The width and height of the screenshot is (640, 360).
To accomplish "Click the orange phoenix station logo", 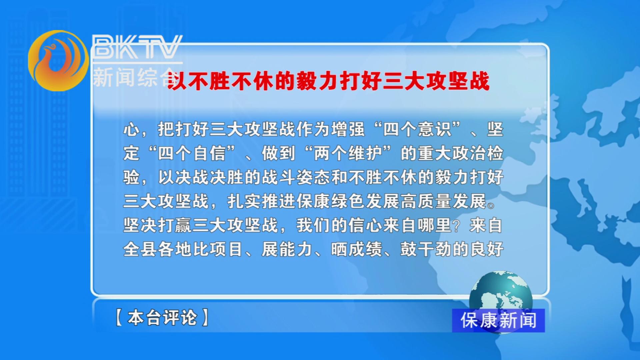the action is pyautogui.click(x=58, y=61).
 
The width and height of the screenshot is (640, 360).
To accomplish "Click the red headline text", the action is pyautogui.click(x=328, y=81).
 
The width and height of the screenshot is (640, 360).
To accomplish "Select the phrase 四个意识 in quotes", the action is pyautogui.click(x=417, y=129).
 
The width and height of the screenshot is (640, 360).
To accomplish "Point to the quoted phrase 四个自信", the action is pyautogui.click(x=192, y=153).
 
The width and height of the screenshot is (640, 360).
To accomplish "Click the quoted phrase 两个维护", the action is pyautogui.click(x=348, y=153).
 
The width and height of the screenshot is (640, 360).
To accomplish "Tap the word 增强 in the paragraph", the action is pyautogui.click(x=348, y=129).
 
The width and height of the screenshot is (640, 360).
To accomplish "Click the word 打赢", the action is pyautogui.click(x=175, y=225).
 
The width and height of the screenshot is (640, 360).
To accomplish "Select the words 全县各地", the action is pyautogui.click(x=158, y=249).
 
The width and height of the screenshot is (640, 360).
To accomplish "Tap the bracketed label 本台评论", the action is pyautogui.click(x=162, y=317).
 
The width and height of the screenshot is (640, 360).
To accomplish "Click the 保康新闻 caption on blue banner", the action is pyautogui.click(x=498, y=320).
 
